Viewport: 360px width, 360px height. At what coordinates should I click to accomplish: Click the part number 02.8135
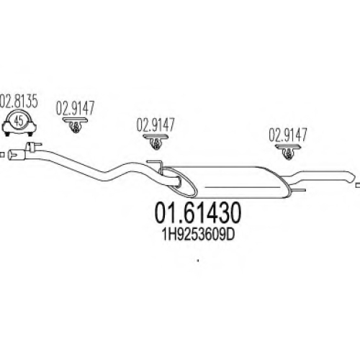pos(19,102)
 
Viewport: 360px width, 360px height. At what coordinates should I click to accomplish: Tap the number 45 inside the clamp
pos(19,121)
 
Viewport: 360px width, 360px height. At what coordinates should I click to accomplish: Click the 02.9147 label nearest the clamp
pos(76,108)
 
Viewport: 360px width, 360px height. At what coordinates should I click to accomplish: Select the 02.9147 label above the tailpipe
pos(288,135)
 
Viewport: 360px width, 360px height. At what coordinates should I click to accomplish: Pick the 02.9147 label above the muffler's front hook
pos(156,125)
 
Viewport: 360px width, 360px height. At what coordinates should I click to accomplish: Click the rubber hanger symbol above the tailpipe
pos(288,151)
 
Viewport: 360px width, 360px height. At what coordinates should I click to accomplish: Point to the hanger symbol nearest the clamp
pos(76,125)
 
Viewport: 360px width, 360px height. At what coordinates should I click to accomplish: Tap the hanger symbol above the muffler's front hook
pos(156,142)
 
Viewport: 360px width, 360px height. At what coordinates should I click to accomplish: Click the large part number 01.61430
pos(197,212)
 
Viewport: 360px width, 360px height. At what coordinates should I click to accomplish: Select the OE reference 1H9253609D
pos(198,235)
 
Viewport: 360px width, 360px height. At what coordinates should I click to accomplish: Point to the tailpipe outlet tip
pos(351,177)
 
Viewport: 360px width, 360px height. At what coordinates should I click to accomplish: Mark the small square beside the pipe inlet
pos(2,155)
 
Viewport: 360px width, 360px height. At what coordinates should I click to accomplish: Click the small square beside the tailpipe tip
pos(358,185)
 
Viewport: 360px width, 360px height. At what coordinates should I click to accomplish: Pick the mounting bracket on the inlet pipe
pos(33,146)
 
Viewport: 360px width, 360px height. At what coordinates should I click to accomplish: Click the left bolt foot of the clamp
pos(7,134)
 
